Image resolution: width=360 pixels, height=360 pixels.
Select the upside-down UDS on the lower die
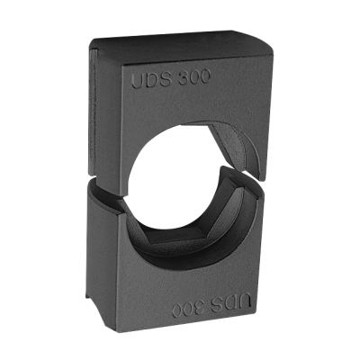click(231, 303)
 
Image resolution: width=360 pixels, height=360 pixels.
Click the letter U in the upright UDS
click(138, 81)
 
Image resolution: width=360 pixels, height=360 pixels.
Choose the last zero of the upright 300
click(205, 77)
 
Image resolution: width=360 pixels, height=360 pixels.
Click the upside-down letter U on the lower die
click(245, 302)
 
